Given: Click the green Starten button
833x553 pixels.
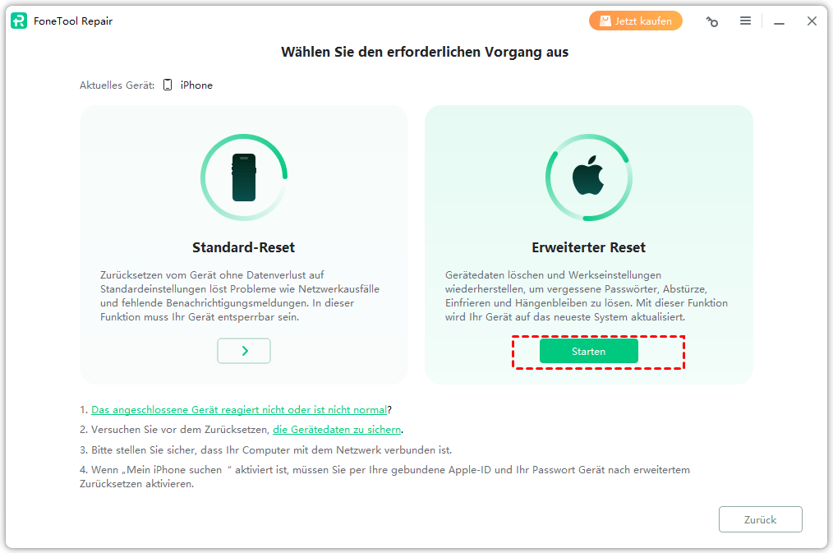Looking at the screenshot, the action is pyautogui.click(x=589, y=351).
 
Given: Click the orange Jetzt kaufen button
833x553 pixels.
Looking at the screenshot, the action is pyautogui.click(x=635, y=21).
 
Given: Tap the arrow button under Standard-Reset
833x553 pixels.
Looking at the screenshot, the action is pyautogui.click(x=244, y=351).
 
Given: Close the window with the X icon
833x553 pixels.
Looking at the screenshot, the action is pyautogui.click(x=812, y=21).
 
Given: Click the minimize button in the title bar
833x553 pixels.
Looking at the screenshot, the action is pyautogui.click(x=779, y=23).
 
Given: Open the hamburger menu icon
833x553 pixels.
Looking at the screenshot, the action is pyautogui.click(x=745, y=21).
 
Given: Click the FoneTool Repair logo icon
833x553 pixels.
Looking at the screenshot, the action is pyautogui.click(x=19, y=21).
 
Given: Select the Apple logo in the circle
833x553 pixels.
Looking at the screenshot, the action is pyautogui.click(x=588, y=175).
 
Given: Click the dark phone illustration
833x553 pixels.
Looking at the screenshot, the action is pyautogui.click(x=244, y=177).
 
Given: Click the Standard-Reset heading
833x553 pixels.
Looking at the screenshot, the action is pyautogui.click(x=243, y=247).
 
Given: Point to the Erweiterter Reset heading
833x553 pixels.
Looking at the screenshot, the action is pyautogui.click(x=589, y=247).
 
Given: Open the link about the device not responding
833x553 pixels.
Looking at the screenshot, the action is pyautogui.click(x=239, y=409).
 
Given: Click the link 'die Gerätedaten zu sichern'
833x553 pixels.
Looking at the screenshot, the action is pyautogui.click(x=337, y=429).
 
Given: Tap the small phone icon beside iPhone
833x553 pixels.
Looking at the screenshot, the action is pyautogui.click(x=168, y=85).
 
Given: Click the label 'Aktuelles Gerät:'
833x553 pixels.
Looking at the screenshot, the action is pyautogui.click(x=117, y=85).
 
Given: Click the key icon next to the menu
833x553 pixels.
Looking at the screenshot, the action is pyautogui.click(x=712, y=21).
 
